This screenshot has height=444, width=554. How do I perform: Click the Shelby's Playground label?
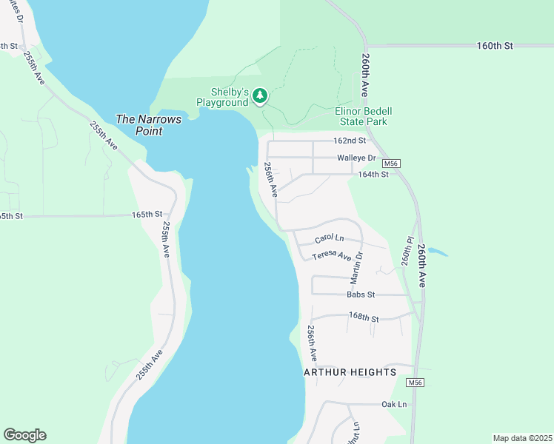tap(221, 97)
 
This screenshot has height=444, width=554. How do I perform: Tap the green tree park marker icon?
tap(259, 95)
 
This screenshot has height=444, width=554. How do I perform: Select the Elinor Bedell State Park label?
tap(364, 116)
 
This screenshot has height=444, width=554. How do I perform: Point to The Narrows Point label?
tap(148, 124)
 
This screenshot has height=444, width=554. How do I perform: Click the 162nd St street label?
tap(350, 140)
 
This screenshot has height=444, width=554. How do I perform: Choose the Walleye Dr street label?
tap(356, 158)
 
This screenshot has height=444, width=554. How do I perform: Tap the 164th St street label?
tap(373, 175)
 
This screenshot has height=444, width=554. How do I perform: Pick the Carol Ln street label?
tap(330, 238)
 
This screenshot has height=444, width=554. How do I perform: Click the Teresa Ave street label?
tap(331, 255)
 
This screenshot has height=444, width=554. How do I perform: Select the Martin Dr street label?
tap(357, 266)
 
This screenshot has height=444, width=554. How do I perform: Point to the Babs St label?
tap(361, 295)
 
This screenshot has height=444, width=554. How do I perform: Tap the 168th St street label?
tap(364, 318)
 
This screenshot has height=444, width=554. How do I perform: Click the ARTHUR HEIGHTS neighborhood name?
tap(350, 371)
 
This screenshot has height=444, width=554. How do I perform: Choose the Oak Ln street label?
tap(394, 404)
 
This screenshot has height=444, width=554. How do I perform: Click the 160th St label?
tap(495, 45)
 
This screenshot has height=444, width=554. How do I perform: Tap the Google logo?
tap(24, 435)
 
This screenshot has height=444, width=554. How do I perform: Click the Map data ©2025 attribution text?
tap(522, 438)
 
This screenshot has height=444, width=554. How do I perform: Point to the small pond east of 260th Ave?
tap(437, 252)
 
